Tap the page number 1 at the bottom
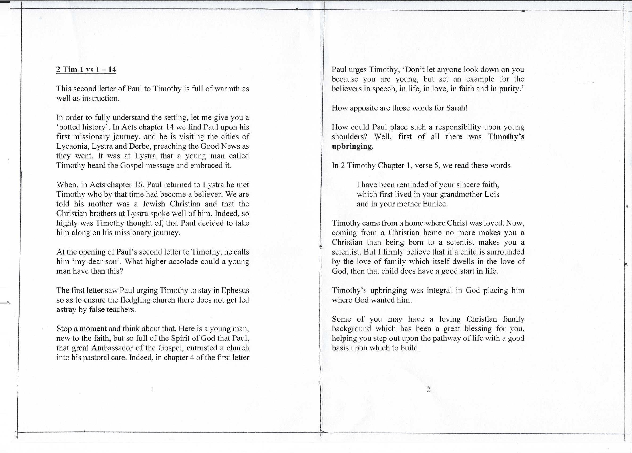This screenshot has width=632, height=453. click(x=153, y=389)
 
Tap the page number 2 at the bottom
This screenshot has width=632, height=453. click(x=428, y=389)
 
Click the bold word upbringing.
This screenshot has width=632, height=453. click(x=352, y=146)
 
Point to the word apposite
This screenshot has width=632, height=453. click(x=364, y=108)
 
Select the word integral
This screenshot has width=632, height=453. click(x=439, y=290)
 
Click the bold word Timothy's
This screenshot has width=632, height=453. click(x=506, y=137)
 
